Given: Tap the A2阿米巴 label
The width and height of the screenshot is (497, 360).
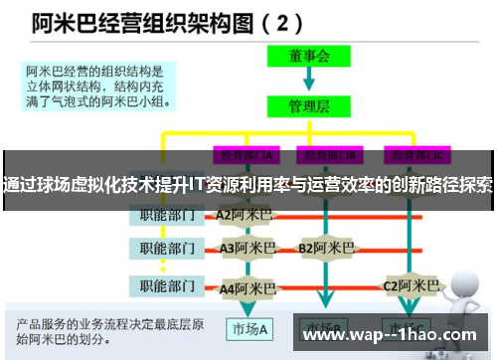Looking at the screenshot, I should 244,214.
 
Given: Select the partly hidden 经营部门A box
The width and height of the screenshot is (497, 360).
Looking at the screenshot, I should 243,155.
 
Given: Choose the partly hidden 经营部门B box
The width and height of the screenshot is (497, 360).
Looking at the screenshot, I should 328,155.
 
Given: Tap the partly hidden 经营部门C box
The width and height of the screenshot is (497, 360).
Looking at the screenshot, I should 416,155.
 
